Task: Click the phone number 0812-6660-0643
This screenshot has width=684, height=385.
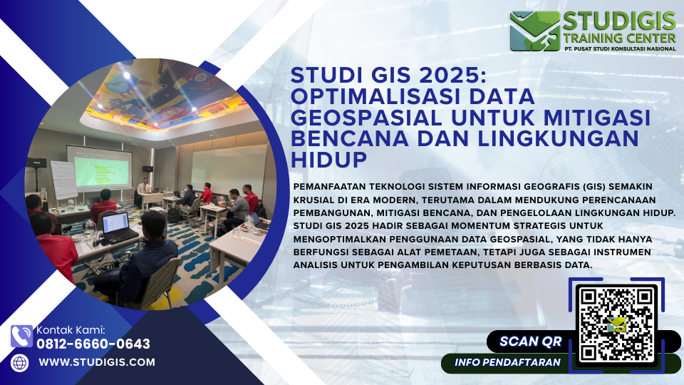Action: [x=93, y=344]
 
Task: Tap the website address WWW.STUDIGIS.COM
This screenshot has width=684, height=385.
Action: [x=97, y=362]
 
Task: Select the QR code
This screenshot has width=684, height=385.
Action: [x=616, y=324]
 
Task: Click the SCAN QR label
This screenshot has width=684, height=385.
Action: [x=530, y=342]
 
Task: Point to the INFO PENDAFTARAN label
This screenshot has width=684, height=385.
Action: [x=507, y=362]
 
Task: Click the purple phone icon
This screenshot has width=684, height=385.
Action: [x=21, y=336]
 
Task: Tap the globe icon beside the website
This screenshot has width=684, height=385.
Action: [x=20, y=363]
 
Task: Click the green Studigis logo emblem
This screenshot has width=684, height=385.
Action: [x=535, y=31]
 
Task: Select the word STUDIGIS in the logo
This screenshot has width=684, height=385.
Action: [x=619, y=21]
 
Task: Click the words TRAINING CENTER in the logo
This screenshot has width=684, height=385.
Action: [x=619, y=38]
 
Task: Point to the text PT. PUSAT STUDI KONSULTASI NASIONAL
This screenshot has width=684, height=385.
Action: [x=619, y=48]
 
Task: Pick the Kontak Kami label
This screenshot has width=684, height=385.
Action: [x=71, y=330]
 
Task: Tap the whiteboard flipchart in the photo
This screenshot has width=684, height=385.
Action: [x=63, y=180]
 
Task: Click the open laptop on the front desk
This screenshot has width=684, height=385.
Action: [x=118, y=227]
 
